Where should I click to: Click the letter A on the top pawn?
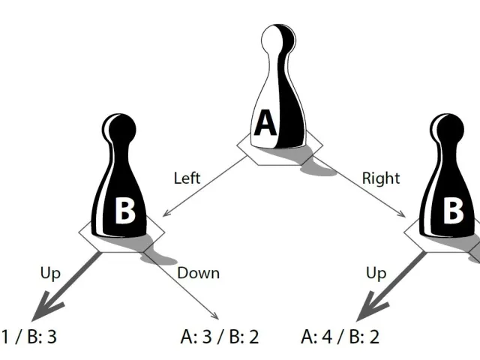(x=265, y=123)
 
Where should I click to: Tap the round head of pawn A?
(x=278, y=40)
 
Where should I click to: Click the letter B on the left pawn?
(x=125, y=210)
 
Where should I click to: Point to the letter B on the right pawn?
(x=453, y=210)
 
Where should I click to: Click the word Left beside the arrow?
(x=187, y=178)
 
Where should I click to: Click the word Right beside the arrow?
(x=381, y=178)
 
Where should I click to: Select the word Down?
(x=198, y=273)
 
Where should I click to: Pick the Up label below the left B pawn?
(x=50, y=273)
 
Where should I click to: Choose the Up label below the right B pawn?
(x=376, y=273)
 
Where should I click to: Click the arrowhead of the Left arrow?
(x=166, y=212)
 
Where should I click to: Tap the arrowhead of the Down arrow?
(x=214, y=315)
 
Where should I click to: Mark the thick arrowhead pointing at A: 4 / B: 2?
(x=369, y=307)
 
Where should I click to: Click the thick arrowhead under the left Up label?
(x=43, y=307)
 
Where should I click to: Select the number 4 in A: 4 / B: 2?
(x=327, y=337)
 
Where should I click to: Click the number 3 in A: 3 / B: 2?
(x=207, y=337)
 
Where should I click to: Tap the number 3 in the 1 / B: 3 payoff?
(x=52, y=337)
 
